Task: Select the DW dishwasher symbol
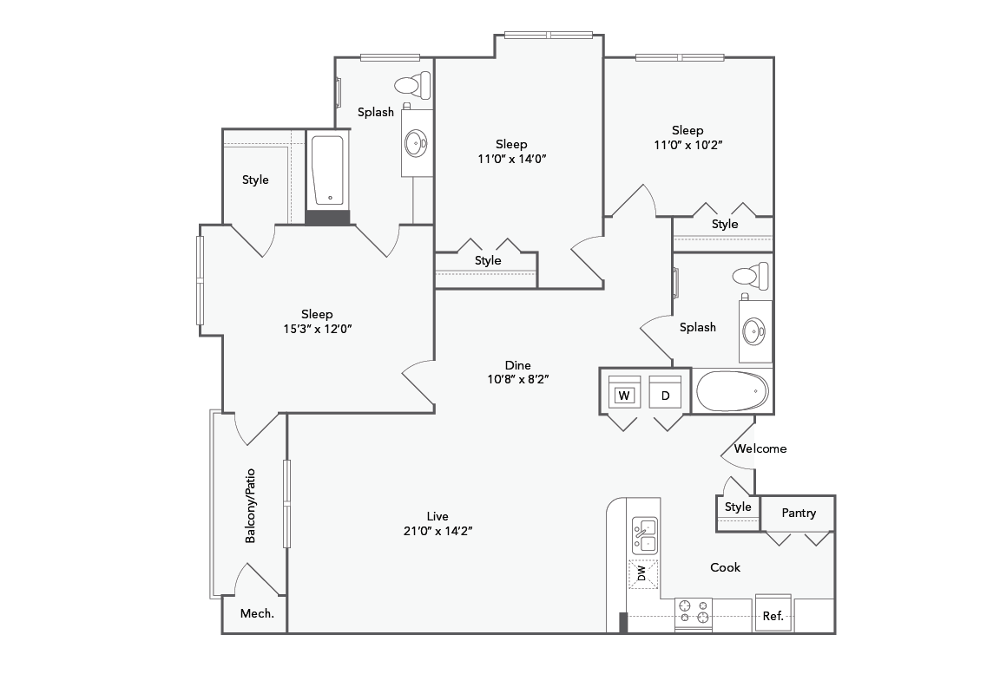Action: click(x=642, y=574)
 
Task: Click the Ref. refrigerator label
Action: click(x=773, y=616)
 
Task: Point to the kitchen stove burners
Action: click(x=693, y=612)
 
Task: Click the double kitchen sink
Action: click(x=644, y=535)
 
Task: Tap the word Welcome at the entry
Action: click(x=760, y=448)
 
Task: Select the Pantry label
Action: click(x=799, y=513)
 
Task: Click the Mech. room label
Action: click(x=257, y=613)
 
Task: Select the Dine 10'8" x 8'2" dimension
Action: click(x=518, y=378)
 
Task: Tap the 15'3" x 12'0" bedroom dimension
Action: click(x=317, y=328)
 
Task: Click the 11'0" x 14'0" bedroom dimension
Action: click(x=511, y=158)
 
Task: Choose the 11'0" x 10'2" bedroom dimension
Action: click(x=687, y=145)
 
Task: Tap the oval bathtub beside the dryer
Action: click(x=732, y=391)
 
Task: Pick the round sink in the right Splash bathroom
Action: click(x=754, y=330)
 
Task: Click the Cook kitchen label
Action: click(x=726, y=567)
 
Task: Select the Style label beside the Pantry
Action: click(x=738, y=507)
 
